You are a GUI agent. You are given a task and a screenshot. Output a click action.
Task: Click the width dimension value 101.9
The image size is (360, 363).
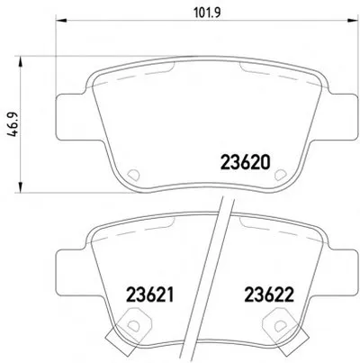[208, 13]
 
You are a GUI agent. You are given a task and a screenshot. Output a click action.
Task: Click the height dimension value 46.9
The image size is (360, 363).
[13, 124]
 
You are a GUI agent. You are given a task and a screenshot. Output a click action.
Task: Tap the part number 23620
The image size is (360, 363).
[246, 162]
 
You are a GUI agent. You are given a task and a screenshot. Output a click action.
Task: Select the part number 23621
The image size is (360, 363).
[150, 295]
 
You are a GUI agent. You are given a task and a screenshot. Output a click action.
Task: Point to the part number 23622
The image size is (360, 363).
[269, 295]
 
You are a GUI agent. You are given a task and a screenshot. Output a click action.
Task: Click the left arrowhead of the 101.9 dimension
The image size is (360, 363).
[61, 20]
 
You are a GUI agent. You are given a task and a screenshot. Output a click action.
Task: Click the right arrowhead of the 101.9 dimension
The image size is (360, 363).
[353, 20]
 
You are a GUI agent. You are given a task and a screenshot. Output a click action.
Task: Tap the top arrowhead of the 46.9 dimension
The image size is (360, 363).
[21, 61]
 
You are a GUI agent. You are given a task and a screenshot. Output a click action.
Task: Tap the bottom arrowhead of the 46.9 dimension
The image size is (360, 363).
[21, 186]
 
